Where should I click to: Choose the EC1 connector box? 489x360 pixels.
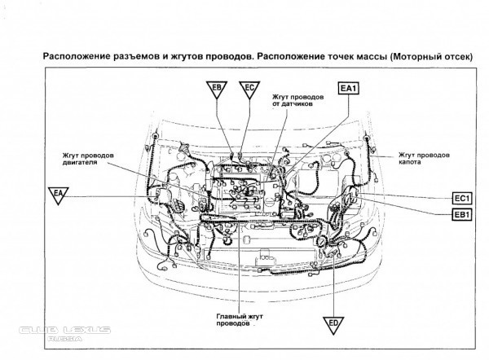point(462,199)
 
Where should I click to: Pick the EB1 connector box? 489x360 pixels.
point(462,214)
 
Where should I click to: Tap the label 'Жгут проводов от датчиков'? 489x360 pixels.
point(298,101)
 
